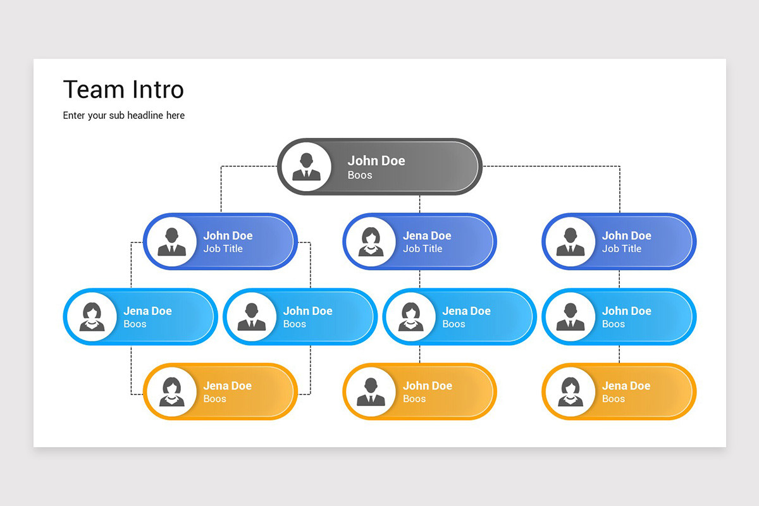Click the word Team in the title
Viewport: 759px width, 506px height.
point(92,90)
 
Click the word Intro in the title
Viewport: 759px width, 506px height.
point(158,90)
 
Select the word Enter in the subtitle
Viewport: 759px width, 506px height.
point(75,115)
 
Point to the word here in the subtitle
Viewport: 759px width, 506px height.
point(175,115)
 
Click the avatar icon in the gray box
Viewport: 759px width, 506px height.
point(306,167)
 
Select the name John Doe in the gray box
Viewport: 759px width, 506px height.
point(376,161)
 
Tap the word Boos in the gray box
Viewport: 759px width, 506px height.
point(360,175)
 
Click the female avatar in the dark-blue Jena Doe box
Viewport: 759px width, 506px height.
point(371,242)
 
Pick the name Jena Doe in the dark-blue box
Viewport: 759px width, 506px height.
point(427,235)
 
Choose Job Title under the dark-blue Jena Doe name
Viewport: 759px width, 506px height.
point(423,249)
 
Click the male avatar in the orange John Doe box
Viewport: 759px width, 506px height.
point(371,392)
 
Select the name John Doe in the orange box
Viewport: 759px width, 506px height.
point(427,385)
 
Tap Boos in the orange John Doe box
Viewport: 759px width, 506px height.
point(414,398)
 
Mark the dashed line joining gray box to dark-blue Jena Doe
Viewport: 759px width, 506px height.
point(420,204)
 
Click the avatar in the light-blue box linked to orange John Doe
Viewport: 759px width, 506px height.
point(410,317)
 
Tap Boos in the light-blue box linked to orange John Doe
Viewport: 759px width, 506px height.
point(454,324)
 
